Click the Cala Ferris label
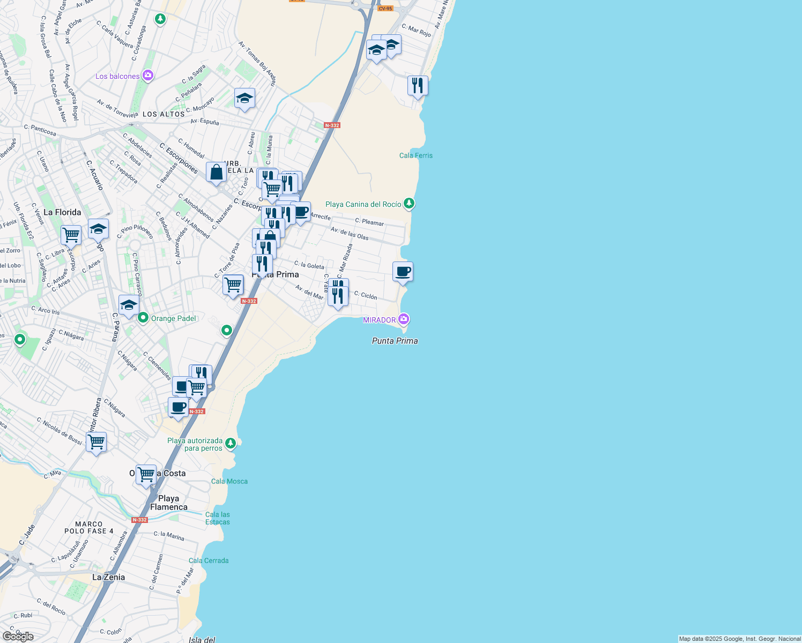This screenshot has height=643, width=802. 415,155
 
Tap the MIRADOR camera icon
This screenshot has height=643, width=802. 404,319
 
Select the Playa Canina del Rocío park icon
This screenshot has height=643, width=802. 409,203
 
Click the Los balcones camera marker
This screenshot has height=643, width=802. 148,76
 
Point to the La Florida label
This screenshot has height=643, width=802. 62,212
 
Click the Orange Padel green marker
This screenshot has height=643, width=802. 143,318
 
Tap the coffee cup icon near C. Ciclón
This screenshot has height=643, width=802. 403,272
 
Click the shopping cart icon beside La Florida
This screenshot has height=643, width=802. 71,235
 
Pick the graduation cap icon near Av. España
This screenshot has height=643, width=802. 244,98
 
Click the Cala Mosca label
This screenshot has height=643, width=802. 229,481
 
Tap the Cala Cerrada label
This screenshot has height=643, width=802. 209,560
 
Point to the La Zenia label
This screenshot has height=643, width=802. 108,577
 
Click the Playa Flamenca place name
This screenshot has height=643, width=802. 169,503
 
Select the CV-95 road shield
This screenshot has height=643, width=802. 385,9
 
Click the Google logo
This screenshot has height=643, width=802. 18,637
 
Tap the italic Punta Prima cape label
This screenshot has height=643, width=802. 395,341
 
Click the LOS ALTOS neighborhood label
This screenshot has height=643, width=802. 164,114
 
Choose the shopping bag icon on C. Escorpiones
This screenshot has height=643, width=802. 216,173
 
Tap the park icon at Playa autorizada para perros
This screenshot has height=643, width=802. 231,443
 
